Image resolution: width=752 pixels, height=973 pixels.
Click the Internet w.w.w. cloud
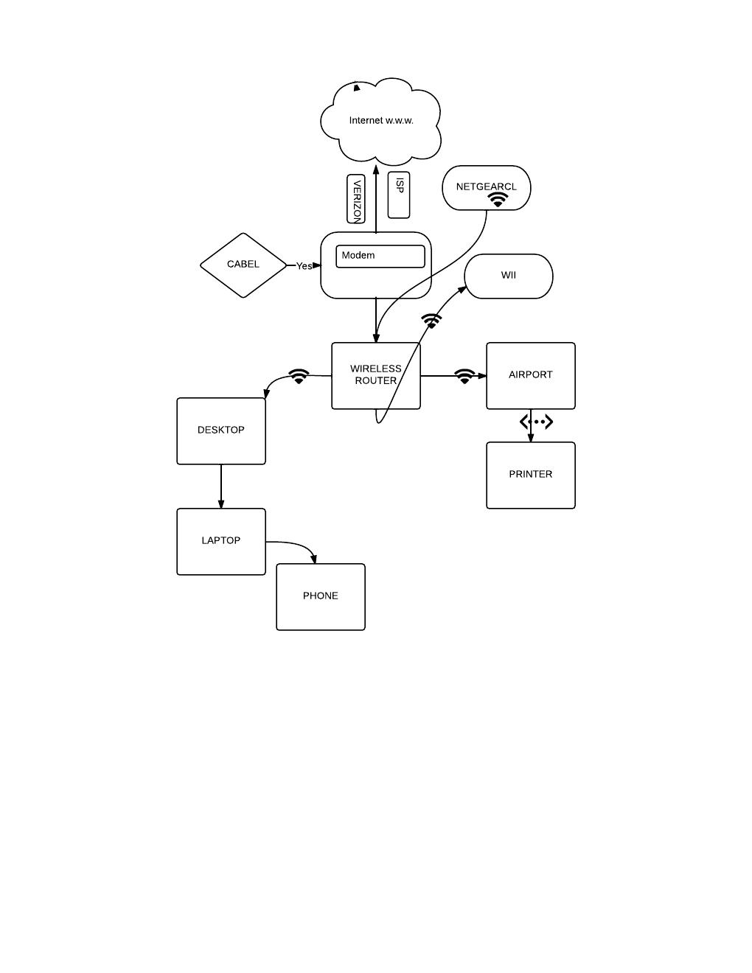[x=381, y=120]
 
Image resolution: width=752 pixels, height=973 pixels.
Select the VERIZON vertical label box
[x=356, y=199]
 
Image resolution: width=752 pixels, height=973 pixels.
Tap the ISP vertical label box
[x=399, y=195]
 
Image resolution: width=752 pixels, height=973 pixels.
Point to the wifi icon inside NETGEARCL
[x=498, y=200]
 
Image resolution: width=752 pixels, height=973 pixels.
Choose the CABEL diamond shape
[x=243, y=265]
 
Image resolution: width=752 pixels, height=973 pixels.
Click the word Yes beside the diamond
[x=304, y=266]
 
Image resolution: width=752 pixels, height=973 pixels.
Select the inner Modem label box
[x=380, y=256]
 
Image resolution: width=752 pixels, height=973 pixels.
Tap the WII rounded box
[x=509, y=276]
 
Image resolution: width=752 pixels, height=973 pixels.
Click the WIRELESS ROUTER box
[x=376, y=375]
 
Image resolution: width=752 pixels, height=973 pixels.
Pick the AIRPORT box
[x=531, y=375]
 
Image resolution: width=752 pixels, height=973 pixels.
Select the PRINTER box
[x=531, y=475]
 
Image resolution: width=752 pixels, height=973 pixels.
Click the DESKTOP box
[x=221, y=430]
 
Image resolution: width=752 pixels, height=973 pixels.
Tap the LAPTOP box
[x=221, y=541]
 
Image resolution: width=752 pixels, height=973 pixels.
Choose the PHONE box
[x=321, y=596]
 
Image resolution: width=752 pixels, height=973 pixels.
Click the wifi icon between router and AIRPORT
[x=464, y=376]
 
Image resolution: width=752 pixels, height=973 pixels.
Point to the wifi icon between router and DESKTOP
[x=299, y=376]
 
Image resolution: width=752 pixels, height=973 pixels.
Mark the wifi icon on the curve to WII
[x=431, y=321]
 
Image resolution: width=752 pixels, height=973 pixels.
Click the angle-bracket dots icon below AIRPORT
[x=536, y=422]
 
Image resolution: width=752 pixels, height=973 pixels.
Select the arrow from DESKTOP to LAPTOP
[x=221, y=486]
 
